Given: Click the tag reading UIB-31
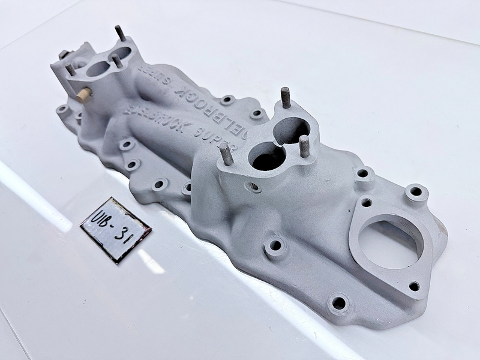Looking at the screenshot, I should coord(115,229).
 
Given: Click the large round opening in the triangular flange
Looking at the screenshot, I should coord(391,243).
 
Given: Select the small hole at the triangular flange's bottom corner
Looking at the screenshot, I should coord(414,286).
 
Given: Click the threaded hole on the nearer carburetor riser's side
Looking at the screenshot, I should coord(256,188).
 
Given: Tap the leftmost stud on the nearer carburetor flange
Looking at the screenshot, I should coord(226,153).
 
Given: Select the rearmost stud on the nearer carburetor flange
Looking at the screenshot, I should coord(285,97).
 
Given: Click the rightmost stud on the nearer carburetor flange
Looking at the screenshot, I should coord(304,146).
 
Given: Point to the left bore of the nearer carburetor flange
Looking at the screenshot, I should coord(267,156).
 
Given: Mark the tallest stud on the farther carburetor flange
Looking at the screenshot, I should coord(120,32).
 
